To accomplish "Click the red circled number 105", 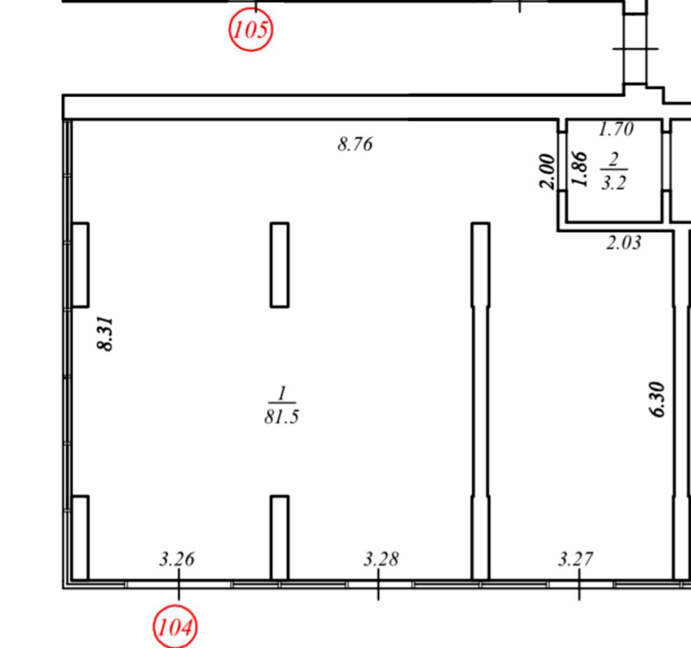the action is tap(251, 30).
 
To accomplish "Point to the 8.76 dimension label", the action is tap(355, 144).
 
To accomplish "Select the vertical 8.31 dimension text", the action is tap(105, 334).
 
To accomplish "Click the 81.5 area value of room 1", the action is tap(281, 416).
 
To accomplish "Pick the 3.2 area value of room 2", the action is tap(614, 183).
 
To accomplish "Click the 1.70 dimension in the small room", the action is tap(616, 129).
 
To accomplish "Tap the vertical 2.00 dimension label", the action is tap(547, 171).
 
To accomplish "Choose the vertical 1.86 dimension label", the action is tap(579, 169).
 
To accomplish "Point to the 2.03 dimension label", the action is tap(624, 242).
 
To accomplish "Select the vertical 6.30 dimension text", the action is tap(657, 400).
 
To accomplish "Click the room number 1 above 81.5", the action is tap(282, 394).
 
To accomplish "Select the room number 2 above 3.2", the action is tap(613, 160).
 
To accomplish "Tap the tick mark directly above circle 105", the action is tap(256, 6).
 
